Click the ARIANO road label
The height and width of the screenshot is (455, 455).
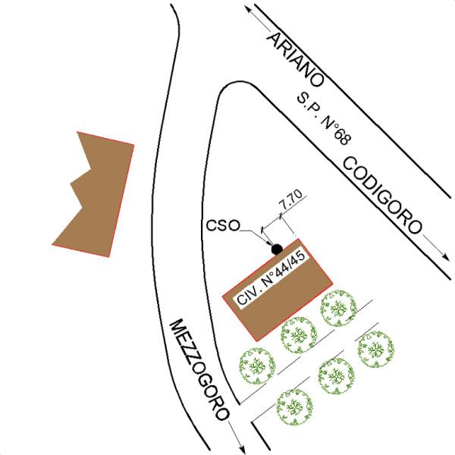(x=295, y=60)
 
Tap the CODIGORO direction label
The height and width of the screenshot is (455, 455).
(x=382, y=196)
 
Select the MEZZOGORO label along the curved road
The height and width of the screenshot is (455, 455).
(x=199, y=370)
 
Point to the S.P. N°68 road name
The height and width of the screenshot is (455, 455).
(x=324, y=119)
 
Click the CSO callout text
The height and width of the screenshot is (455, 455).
(x=223, y=225)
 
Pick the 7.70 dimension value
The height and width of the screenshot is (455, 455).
(x=291, y=200)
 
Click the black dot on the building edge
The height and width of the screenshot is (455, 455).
(x=277, y=249)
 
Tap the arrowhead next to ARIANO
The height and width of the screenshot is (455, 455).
(x=249, y=10)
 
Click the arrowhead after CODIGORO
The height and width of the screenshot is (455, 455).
(x=445, y=256)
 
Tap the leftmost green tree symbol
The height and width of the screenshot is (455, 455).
(x=257, y=366)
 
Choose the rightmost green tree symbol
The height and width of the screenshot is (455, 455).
(x=376, y=349)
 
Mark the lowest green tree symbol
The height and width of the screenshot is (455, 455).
(x=295, y=407)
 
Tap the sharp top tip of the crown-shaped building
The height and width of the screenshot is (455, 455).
(x=77, y=132)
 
